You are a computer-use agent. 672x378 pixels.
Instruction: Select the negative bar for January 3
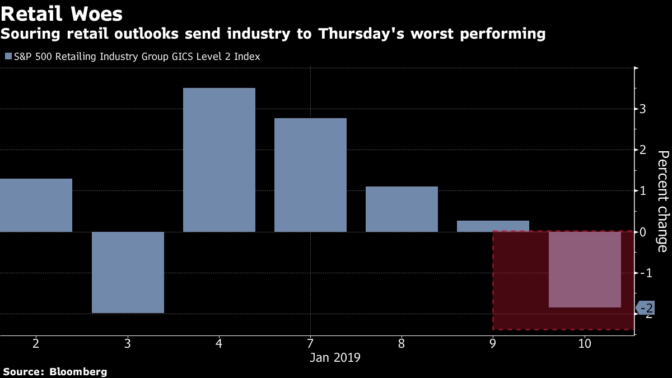tap(128, 272)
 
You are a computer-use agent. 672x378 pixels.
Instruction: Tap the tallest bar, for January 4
tap(219, 160)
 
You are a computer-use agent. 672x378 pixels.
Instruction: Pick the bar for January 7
tap(310, 175)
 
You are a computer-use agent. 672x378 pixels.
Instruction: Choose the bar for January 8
tap(402, 209)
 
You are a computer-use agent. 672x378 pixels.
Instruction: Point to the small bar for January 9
tap(493, 226)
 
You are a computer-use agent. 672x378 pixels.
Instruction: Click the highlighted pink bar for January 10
tap(585, 269)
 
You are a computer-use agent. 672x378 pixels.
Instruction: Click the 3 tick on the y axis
tap(643, 109)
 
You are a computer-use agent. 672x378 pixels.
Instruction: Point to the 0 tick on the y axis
tap(643, 232)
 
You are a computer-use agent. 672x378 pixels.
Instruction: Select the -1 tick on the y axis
tap(643, 273)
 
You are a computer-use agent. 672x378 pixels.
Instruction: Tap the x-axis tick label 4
tap(219, 343)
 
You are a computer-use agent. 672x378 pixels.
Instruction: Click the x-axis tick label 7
tap(310, 343)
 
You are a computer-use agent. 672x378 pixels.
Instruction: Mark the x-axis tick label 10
tap(585, 343)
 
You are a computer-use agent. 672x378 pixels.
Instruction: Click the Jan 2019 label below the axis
tap(335, 357)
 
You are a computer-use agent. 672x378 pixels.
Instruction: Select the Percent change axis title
tap(662, 201)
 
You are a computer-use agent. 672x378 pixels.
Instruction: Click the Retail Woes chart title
tap(62, 13)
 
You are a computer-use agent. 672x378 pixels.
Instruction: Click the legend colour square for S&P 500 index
tap(8, 57)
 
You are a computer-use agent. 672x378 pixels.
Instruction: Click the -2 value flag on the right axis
tap(647, 308)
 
